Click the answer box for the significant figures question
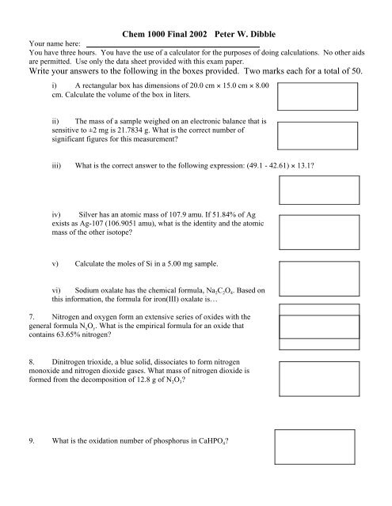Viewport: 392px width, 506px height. click(317, 137)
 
